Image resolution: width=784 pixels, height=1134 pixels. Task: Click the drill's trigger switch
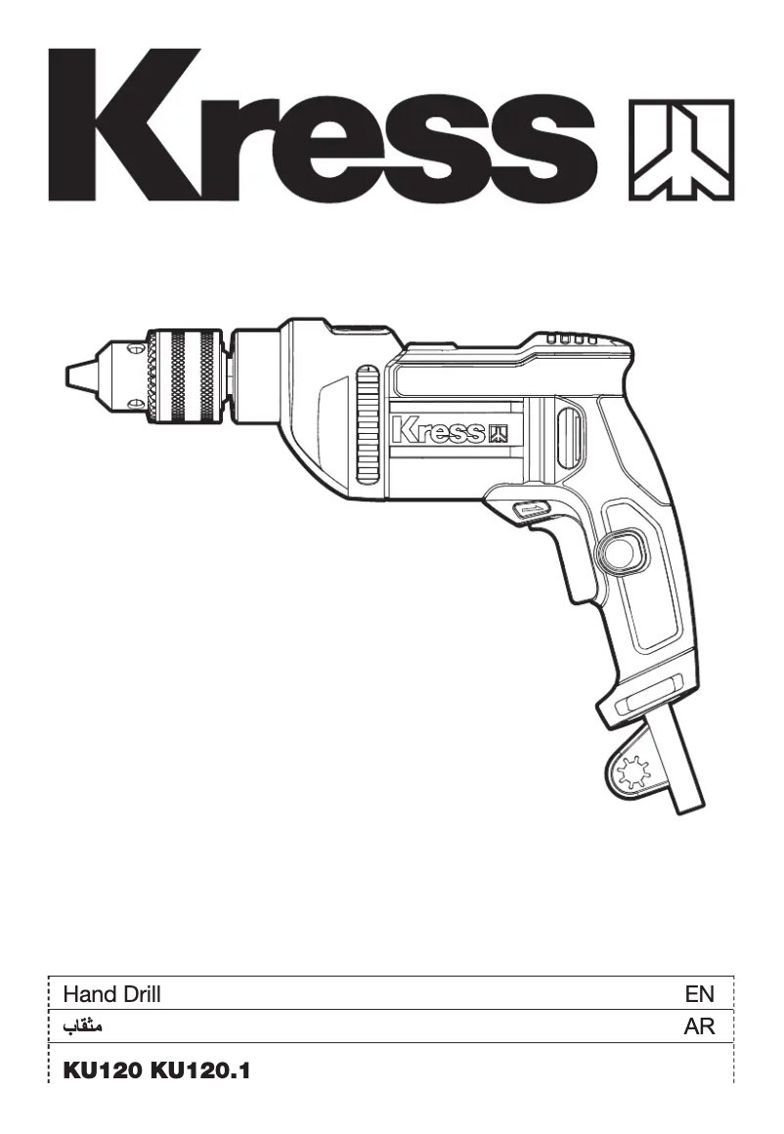(x=530, y=510)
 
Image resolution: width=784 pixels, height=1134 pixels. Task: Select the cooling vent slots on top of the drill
(x=572, y=339)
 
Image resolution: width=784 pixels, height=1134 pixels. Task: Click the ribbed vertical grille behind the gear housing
(x=367, y=424)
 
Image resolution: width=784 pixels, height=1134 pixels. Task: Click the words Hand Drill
(x=111, y=995)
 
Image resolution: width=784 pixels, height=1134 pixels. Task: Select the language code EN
(x=700, y=995)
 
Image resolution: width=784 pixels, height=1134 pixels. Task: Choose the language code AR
(x=700, y=1027)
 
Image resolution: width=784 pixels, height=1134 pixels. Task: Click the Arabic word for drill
(x=83, y=1027)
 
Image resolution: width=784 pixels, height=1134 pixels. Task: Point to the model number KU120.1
(x=200, y=1071)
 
